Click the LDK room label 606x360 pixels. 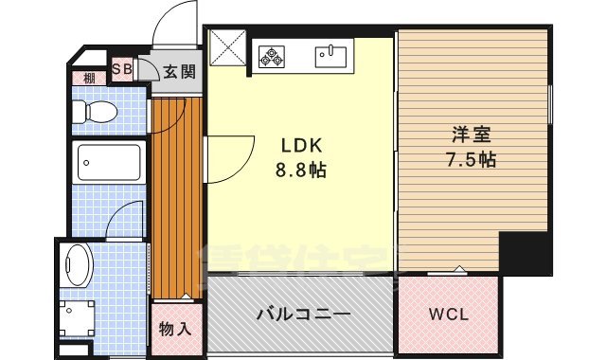point(302,147)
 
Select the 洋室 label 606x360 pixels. point(471,136)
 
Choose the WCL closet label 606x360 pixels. point(449,315)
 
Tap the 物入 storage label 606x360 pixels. point(175,329)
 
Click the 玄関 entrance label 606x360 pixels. point(178,70)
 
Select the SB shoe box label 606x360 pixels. point(123,68)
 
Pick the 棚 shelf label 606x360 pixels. point(88,79)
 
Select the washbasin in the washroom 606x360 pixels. point(76,262)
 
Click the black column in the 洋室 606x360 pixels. point(525,251)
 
